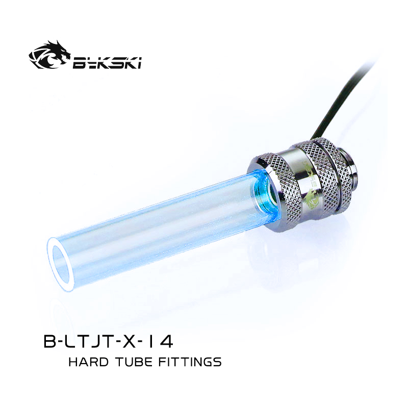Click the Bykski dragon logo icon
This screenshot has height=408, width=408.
pyautogui.click(x=49, y=55)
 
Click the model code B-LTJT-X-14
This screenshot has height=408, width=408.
pyautogui.click(x=108, y=341)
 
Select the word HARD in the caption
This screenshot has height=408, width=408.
pyautogui.click(x=88, y=362)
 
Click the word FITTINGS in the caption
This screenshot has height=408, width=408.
pyautogui.click(x=190, y=362)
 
